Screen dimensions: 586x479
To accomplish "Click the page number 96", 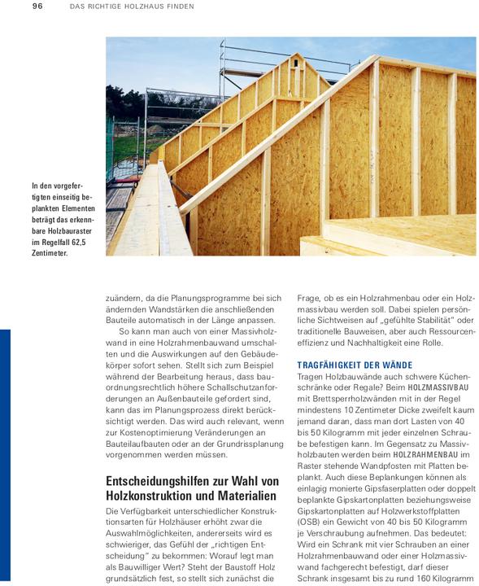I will [x=37, y=7].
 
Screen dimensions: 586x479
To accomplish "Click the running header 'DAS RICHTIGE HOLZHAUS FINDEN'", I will [x=131, y=7].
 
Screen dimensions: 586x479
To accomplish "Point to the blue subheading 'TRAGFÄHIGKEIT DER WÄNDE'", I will [x=355, y=365].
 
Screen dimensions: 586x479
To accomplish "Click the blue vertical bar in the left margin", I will [x=4, y=456].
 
